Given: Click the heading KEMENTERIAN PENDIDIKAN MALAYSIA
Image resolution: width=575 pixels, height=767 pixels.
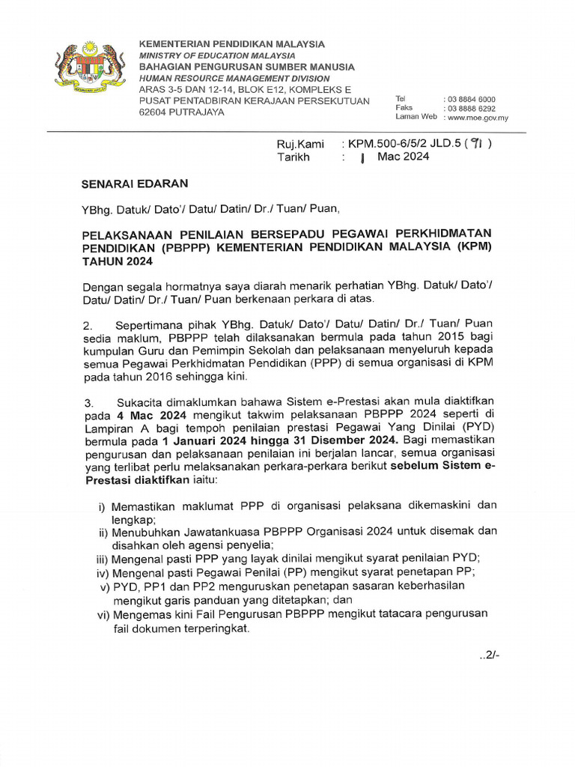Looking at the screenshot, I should pos(232,44).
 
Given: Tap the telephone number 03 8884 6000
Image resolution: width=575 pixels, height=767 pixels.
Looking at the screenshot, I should pos(470,99).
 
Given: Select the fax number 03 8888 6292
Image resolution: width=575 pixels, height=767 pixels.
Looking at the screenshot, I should pos(470,108).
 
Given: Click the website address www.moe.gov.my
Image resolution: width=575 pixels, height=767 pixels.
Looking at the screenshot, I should pos(477,117).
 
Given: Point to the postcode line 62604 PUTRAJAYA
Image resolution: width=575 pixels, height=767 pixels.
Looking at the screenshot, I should pos(181,112).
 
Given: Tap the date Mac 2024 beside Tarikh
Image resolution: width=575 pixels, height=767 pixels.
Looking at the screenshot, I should pos(404,157).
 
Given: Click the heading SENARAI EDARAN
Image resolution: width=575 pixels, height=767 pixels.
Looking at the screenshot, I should pos(135,184).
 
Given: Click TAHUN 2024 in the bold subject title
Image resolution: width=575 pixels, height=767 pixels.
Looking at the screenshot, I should pos(117,261).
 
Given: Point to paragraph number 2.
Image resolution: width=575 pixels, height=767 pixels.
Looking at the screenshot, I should pos(88,325).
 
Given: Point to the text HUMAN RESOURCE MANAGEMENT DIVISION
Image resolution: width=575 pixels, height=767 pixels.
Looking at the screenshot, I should pos(234,78).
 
